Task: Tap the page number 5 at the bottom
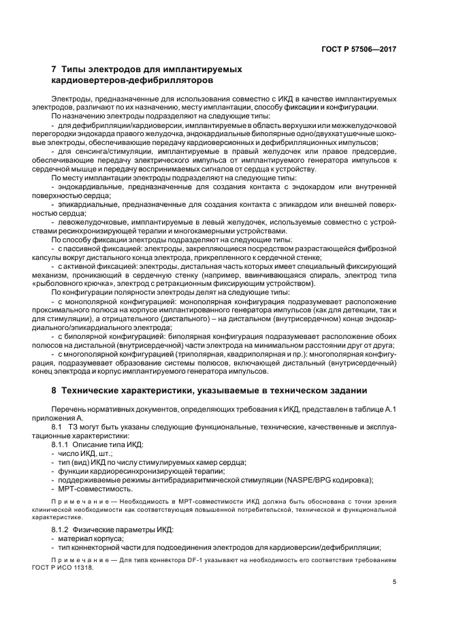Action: (394, 583)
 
